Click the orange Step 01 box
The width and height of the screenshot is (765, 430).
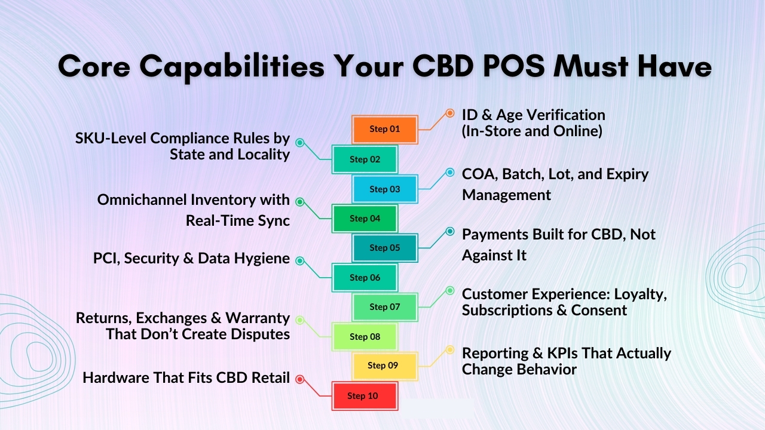(384, 129)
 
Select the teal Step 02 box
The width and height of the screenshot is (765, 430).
(365, 159)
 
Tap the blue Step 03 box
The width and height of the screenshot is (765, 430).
(384, 189)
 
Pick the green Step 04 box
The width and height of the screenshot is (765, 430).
(365, 219)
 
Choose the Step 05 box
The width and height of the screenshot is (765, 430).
(384, 248)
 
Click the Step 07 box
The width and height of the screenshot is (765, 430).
(384, 307)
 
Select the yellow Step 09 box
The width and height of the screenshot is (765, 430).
(382, 365)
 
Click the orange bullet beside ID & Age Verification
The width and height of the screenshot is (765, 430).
(450, 113)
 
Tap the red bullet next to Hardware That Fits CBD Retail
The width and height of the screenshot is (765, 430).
(300, 379)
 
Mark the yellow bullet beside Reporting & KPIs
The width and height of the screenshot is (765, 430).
(450, 349)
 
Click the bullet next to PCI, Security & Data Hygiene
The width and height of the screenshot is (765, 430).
(300, 260)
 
